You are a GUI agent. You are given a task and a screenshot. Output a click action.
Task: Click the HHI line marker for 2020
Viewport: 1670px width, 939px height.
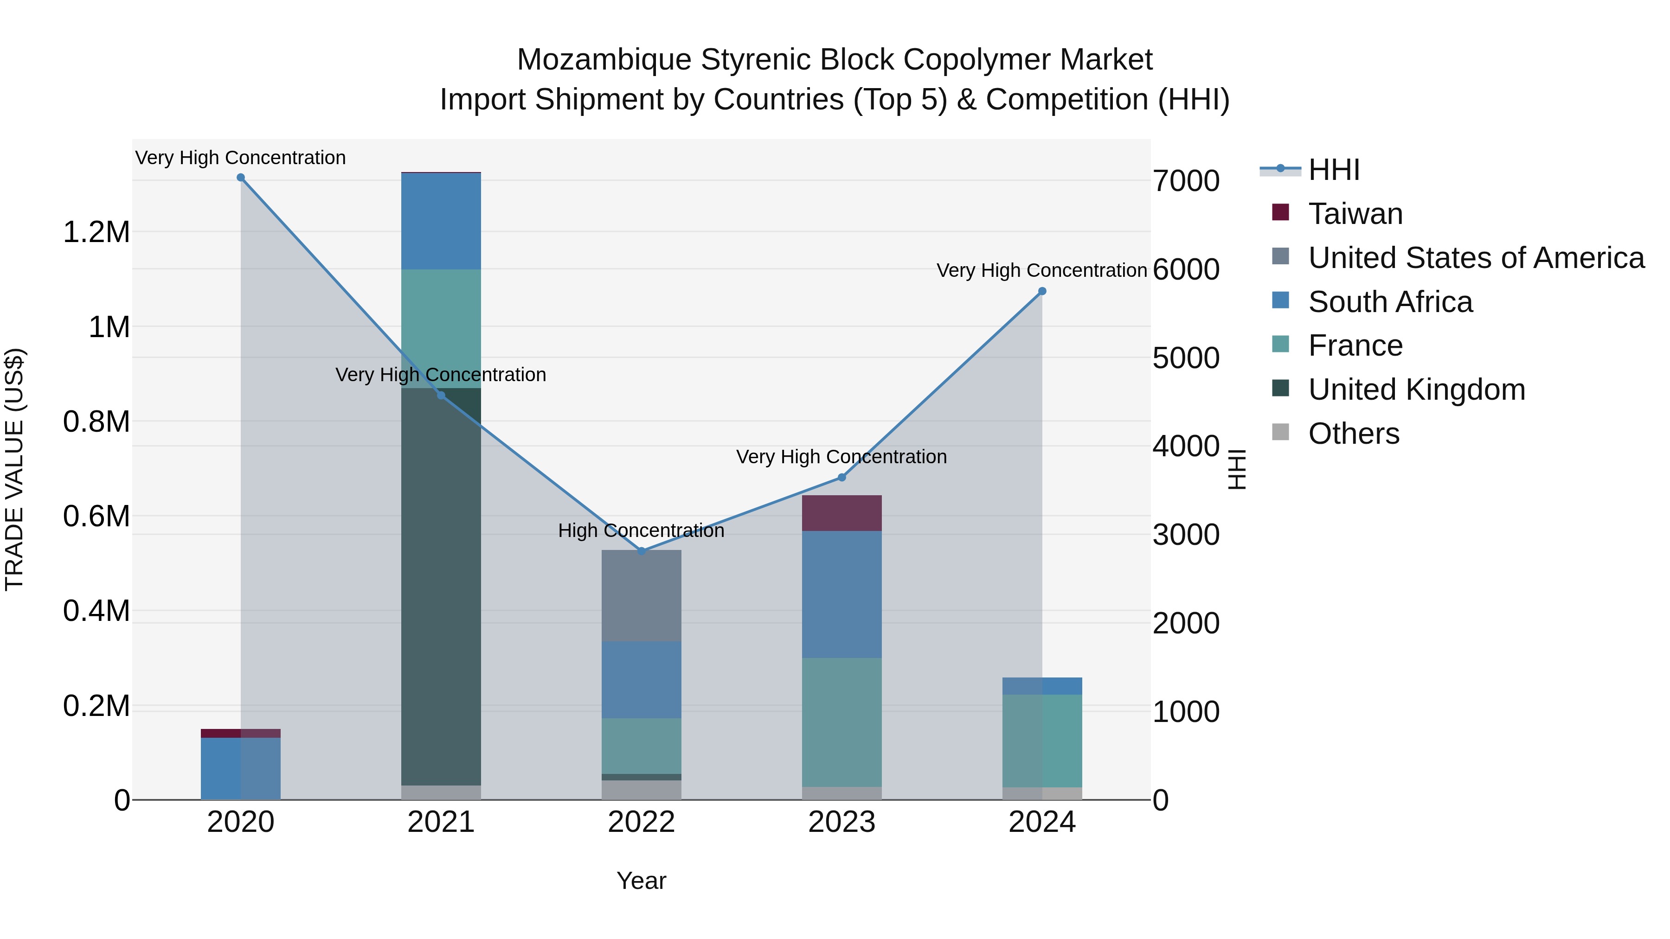(240, 178)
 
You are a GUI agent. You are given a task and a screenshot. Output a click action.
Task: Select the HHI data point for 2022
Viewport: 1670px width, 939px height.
(641, 551)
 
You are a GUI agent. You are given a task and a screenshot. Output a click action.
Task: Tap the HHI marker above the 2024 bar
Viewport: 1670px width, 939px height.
(1042, 292)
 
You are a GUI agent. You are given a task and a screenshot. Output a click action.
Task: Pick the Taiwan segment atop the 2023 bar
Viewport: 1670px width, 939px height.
(841, 513)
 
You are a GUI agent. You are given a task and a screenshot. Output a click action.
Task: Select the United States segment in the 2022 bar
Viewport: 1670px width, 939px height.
(641, 595)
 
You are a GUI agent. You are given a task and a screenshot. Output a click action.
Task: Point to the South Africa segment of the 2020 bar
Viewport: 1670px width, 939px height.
(240, 768)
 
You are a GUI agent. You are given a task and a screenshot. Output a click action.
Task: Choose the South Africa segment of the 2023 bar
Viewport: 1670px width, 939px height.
(841, 594)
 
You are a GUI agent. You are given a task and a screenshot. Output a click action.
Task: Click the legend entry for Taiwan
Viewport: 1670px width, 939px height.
(1355, 214)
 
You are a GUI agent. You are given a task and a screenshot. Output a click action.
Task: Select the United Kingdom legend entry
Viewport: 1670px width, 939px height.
(1417, 390)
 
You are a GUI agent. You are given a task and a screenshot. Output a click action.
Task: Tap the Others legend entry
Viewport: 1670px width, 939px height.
(1354, 434)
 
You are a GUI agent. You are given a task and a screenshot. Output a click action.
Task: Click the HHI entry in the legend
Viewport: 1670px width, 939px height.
(1334, 170)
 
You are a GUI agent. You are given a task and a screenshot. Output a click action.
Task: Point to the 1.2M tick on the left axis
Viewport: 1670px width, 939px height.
(96, 232)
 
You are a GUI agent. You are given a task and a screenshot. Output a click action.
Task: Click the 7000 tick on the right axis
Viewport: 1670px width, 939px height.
(1186, 181)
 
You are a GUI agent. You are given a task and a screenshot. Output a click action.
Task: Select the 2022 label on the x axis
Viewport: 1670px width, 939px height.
(641, 822)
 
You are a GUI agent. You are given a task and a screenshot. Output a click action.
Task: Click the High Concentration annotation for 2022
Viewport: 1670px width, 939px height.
(641, 531)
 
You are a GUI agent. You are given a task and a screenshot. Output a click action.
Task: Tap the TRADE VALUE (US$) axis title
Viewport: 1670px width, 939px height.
(14, 469)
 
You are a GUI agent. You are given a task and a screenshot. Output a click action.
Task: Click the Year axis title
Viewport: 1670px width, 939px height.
(641, 881)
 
